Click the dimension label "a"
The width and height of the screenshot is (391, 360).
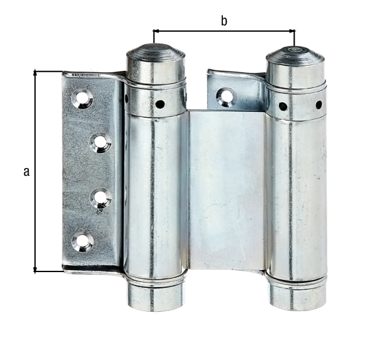[x=26, y=172]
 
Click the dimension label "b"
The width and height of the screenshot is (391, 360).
[x=224, y=21]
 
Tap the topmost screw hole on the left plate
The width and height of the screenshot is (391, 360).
[x=83, y=98]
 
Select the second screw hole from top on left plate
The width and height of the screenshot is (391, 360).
[x=100, y=143]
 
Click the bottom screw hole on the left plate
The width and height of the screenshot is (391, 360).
[x=83, y=242]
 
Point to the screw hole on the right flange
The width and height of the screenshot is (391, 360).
[x=225, y=98]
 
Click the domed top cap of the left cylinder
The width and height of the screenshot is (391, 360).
[x=154, y=59]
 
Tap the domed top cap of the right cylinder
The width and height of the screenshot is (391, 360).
[x=295, y=60]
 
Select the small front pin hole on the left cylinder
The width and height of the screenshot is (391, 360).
[x=160, y=103]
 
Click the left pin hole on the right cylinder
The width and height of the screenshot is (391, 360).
[x=283, y=106]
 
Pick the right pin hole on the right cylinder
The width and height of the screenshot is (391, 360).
[x=319, y=104]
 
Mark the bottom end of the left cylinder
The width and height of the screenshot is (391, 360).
[x=154, y=297]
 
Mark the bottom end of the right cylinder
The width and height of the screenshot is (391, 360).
[x=297, y=297]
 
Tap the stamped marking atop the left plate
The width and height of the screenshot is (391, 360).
[x=85, y=76]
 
